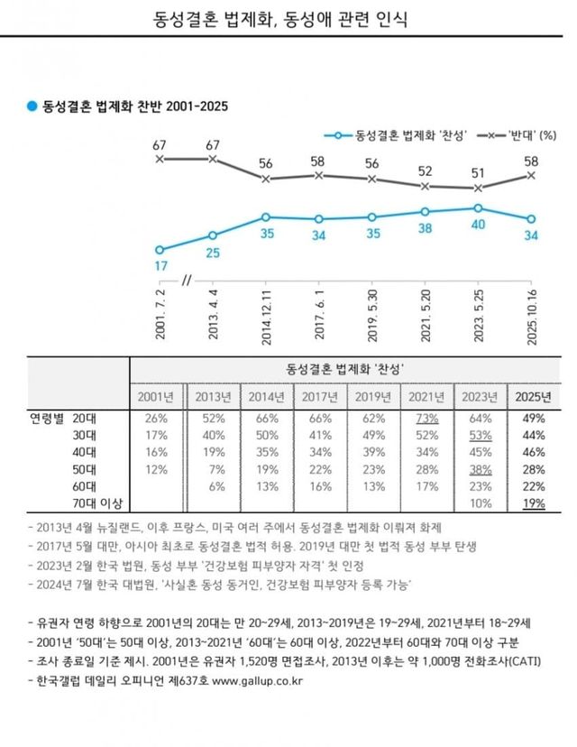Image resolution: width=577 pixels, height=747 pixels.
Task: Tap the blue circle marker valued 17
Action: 160,250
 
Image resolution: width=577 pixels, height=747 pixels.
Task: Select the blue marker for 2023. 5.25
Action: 478,207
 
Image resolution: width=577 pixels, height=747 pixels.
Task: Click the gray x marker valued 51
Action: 478,189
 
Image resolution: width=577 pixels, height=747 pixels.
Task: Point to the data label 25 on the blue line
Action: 213,254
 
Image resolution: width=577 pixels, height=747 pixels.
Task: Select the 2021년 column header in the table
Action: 426,396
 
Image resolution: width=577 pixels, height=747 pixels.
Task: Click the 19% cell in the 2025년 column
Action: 533,503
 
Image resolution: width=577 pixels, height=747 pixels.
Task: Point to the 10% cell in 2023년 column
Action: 480,503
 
